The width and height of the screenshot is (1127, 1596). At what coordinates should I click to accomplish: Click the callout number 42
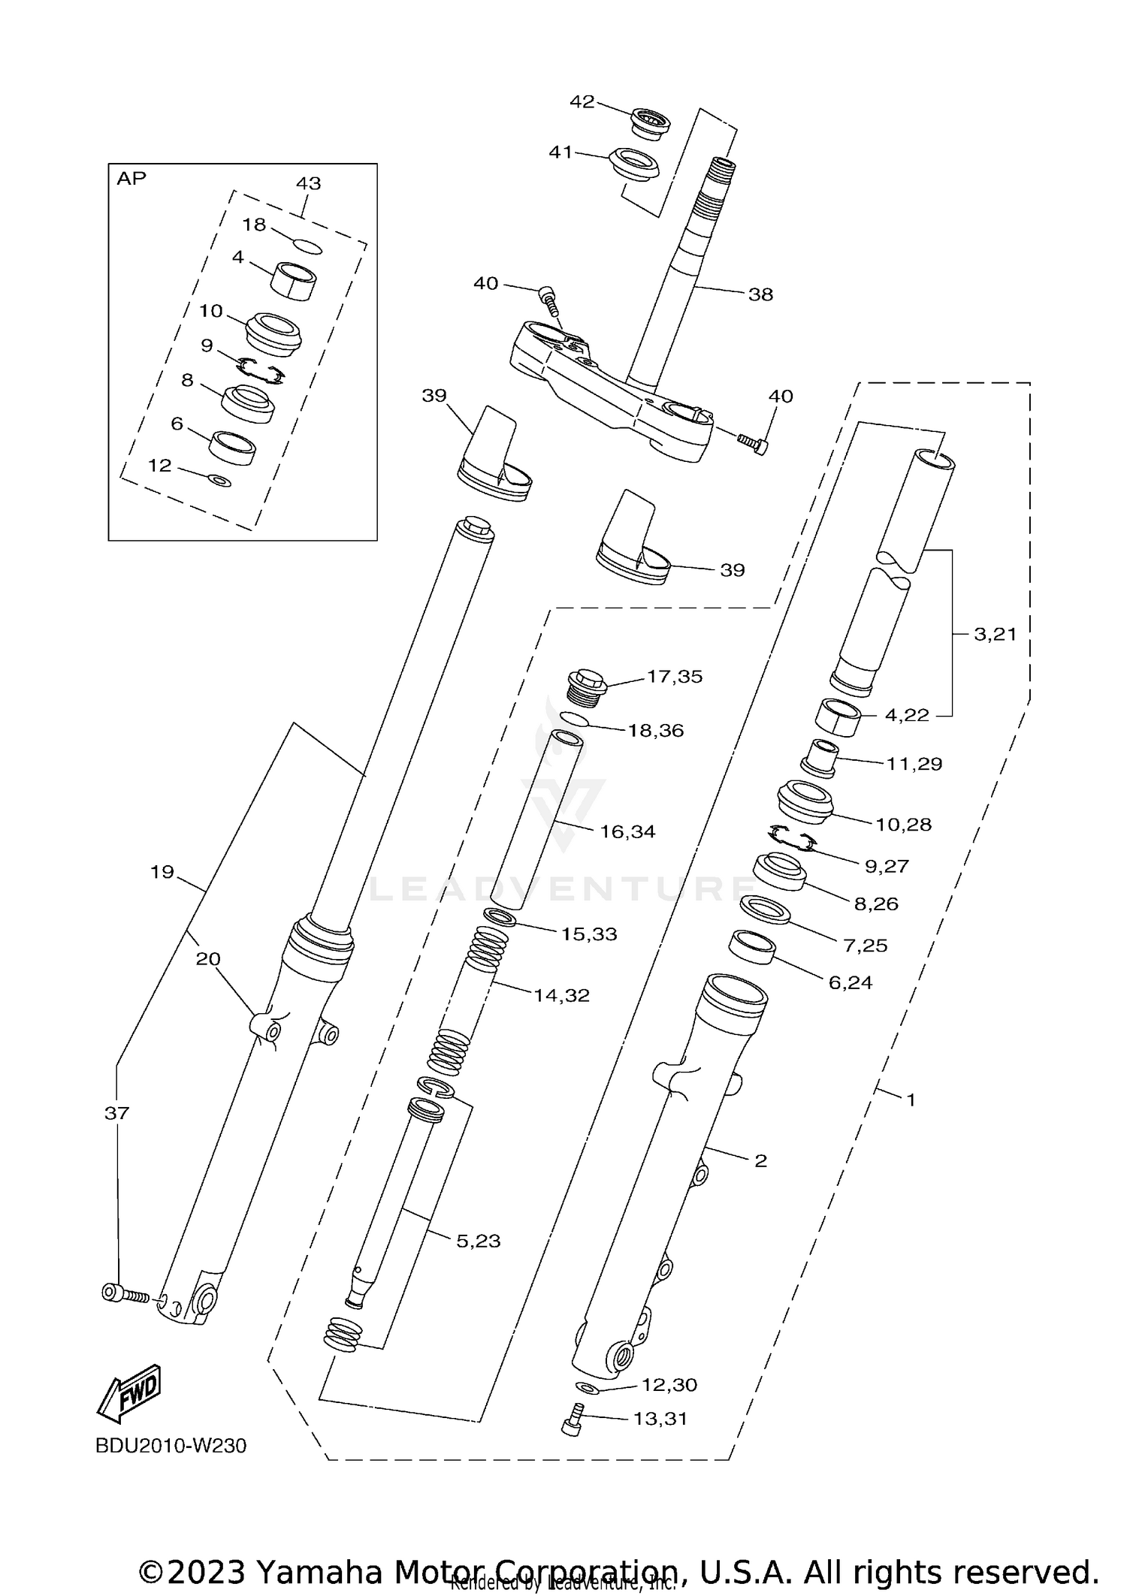(582, 101)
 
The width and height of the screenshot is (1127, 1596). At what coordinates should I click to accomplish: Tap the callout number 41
(560, 152)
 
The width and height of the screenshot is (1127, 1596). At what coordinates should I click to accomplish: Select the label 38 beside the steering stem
(760, 294)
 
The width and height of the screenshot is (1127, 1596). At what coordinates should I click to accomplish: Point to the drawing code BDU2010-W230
(171, 1446)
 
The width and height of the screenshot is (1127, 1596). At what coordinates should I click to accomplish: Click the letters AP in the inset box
(131, 179)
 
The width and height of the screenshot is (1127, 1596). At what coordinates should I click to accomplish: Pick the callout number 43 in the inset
(308, 183)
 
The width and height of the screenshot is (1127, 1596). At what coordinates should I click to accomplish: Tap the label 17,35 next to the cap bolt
(674, 677)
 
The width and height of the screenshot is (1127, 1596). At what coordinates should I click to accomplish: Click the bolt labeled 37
(123, 1293)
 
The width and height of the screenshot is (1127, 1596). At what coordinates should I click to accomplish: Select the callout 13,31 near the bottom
(660, 1419)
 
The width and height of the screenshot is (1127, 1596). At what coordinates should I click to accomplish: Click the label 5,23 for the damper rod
(478, 1242)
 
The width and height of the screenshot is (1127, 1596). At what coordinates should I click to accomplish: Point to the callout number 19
(162, 872)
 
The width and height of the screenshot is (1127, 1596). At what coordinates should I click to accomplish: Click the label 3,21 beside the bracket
(995, 634)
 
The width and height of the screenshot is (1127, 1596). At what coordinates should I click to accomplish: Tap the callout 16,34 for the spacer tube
(627, 831)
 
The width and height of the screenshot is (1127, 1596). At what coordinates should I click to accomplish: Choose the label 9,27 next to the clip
(887, 866)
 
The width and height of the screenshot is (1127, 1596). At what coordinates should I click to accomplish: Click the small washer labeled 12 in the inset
(220, 480)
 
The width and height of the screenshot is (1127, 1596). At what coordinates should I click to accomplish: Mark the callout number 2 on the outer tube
(760, 1161)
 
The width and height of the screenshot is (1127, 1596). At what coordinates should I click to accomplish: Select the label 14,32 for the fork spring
(561, 995)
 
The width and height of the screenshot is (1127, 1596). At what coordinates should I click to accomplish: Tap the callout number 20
(208, 959)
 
